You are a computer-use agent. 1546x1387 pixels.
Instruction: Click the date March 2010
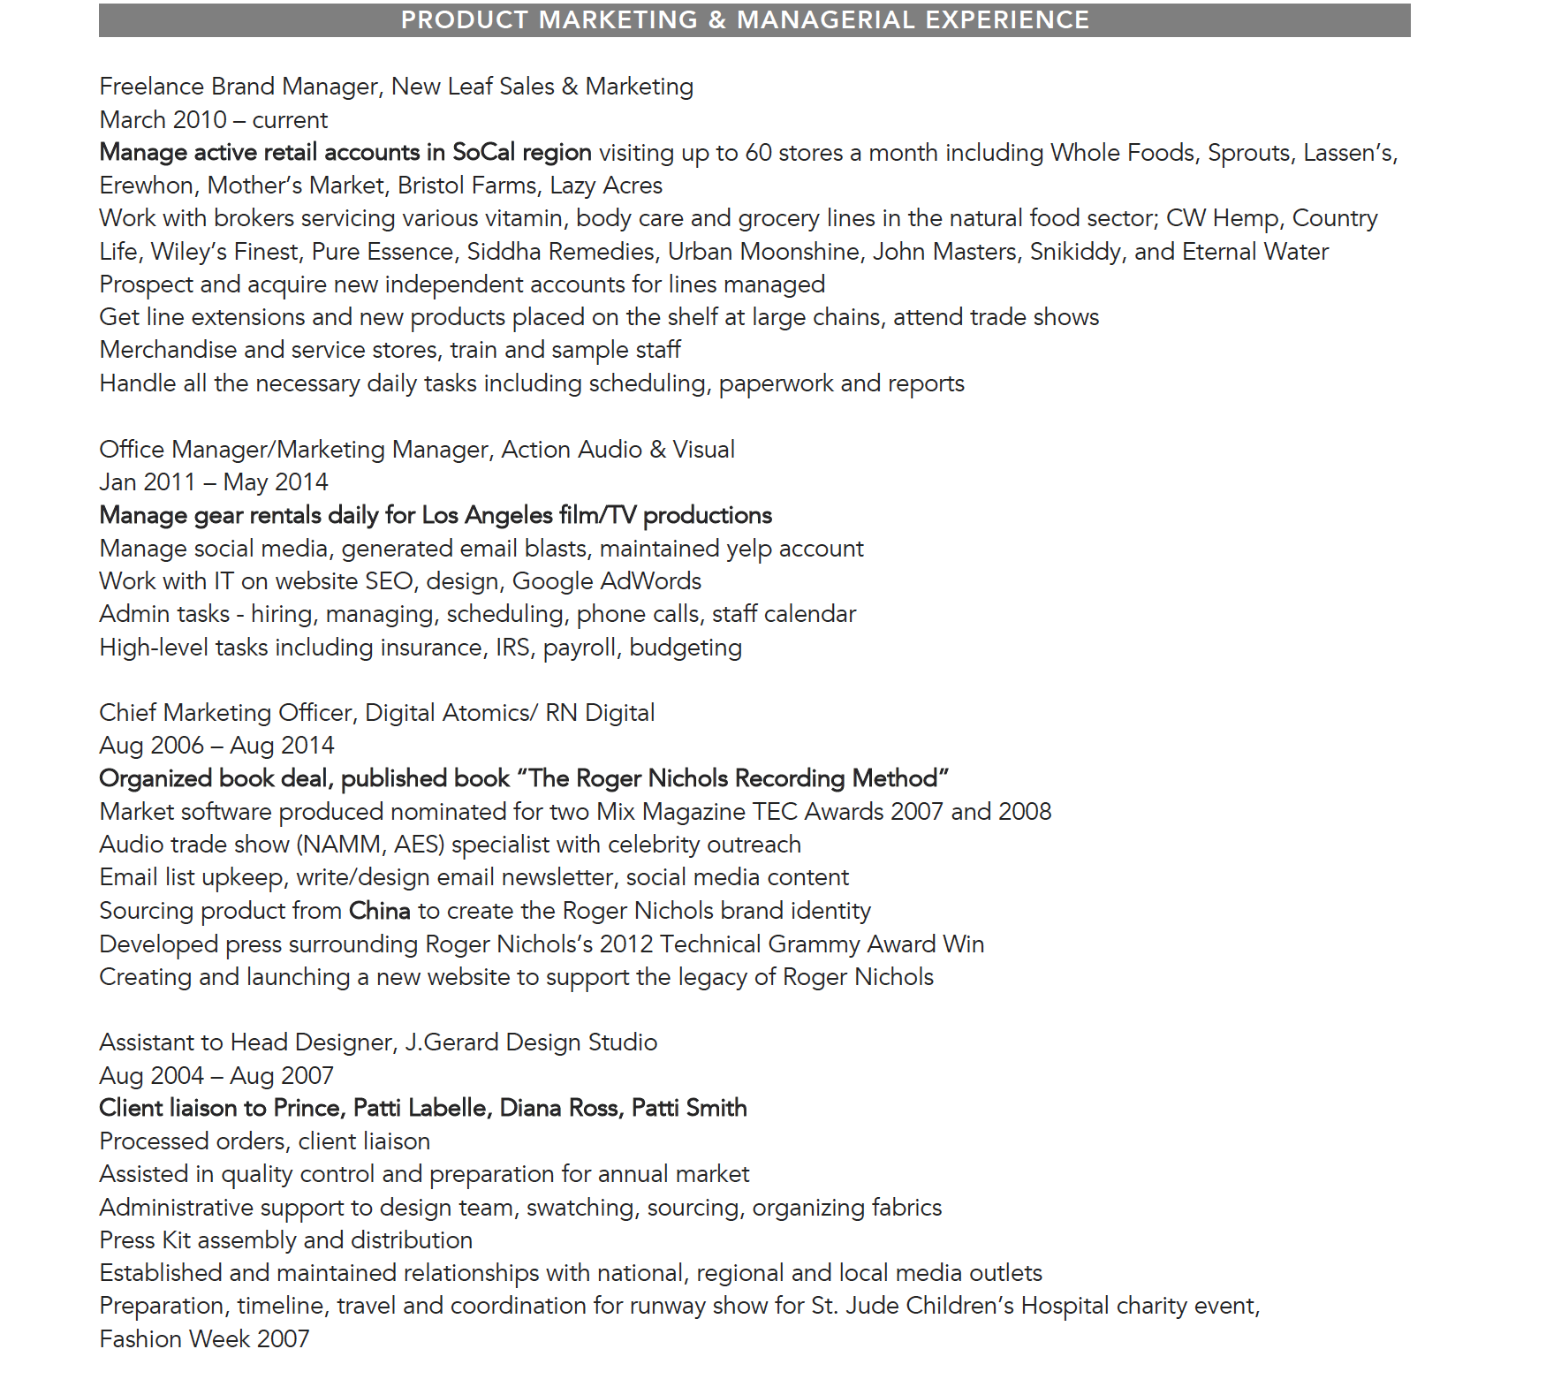pos(163,120)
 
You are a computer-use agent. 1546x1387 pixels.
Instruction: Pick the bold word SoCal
pos(483,153)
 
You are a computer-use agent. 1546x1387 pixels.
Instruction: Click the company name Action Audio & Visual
pos(618,450)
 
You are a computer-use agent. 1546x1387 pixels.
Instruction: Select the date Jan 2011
pos(148,482)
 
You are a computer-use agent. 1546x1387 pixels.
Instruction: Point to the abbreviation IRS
pos(513,648)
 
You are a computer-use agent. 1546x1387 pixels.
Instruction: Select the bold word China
pos(380,911)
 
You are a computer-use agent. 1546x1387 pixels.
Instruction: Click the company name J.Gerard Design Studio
pos(531,1042)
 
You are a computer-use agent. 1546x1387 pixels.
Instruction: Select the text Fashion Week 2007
pos(204,1339)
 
